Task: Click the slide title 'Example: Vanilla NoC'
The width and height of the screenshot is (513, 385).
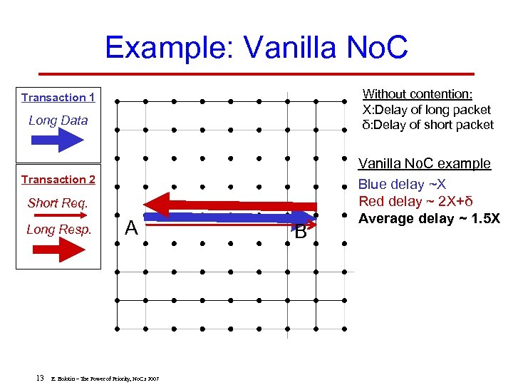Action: [x=256, y=48]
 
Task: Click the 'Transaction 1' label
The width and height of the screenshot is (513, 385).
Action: [x=58, y=98]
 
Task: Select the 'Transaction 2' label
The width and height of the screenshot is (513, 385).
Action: [x=58, y=180]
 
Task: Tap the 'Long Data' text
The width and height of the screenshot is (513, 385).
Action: [x=58, y=120]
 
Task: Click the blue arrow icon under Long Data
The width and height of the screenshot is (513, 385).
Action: [x=58, y=140]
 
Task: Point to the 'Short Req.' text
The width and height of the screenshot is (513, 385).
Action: [x=58, y=203]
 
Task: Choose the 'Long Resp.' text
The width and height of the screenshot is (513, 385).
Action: [x=58, y=230]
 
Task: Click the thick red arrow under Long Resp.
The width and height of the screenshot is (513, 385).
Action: [x=58, y=250]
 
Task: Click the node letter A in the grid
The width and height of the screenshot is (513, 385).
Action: [x=131, y=228]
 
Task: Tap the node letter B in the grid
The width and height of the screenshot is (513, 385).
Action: [x=301, y=232]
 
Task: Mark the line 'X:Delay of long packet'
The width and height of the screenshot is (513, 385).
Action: [x=427, y=110]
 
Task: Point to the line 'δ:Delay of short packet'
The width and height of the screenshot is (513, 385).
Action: [x=427, y=125]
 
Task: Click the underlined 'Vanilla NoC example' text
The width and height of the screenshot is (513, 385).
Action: [x=424, y=163]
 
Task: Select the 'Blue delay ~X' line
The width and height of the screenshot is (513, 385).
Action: [x=402, y=184]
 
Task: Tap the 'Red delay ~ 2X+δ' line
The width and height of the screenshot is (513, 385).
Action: [x=415, y=201]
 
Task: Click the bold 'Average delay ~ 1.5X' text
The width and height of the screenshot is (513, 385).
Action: [x=429, y=218]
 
